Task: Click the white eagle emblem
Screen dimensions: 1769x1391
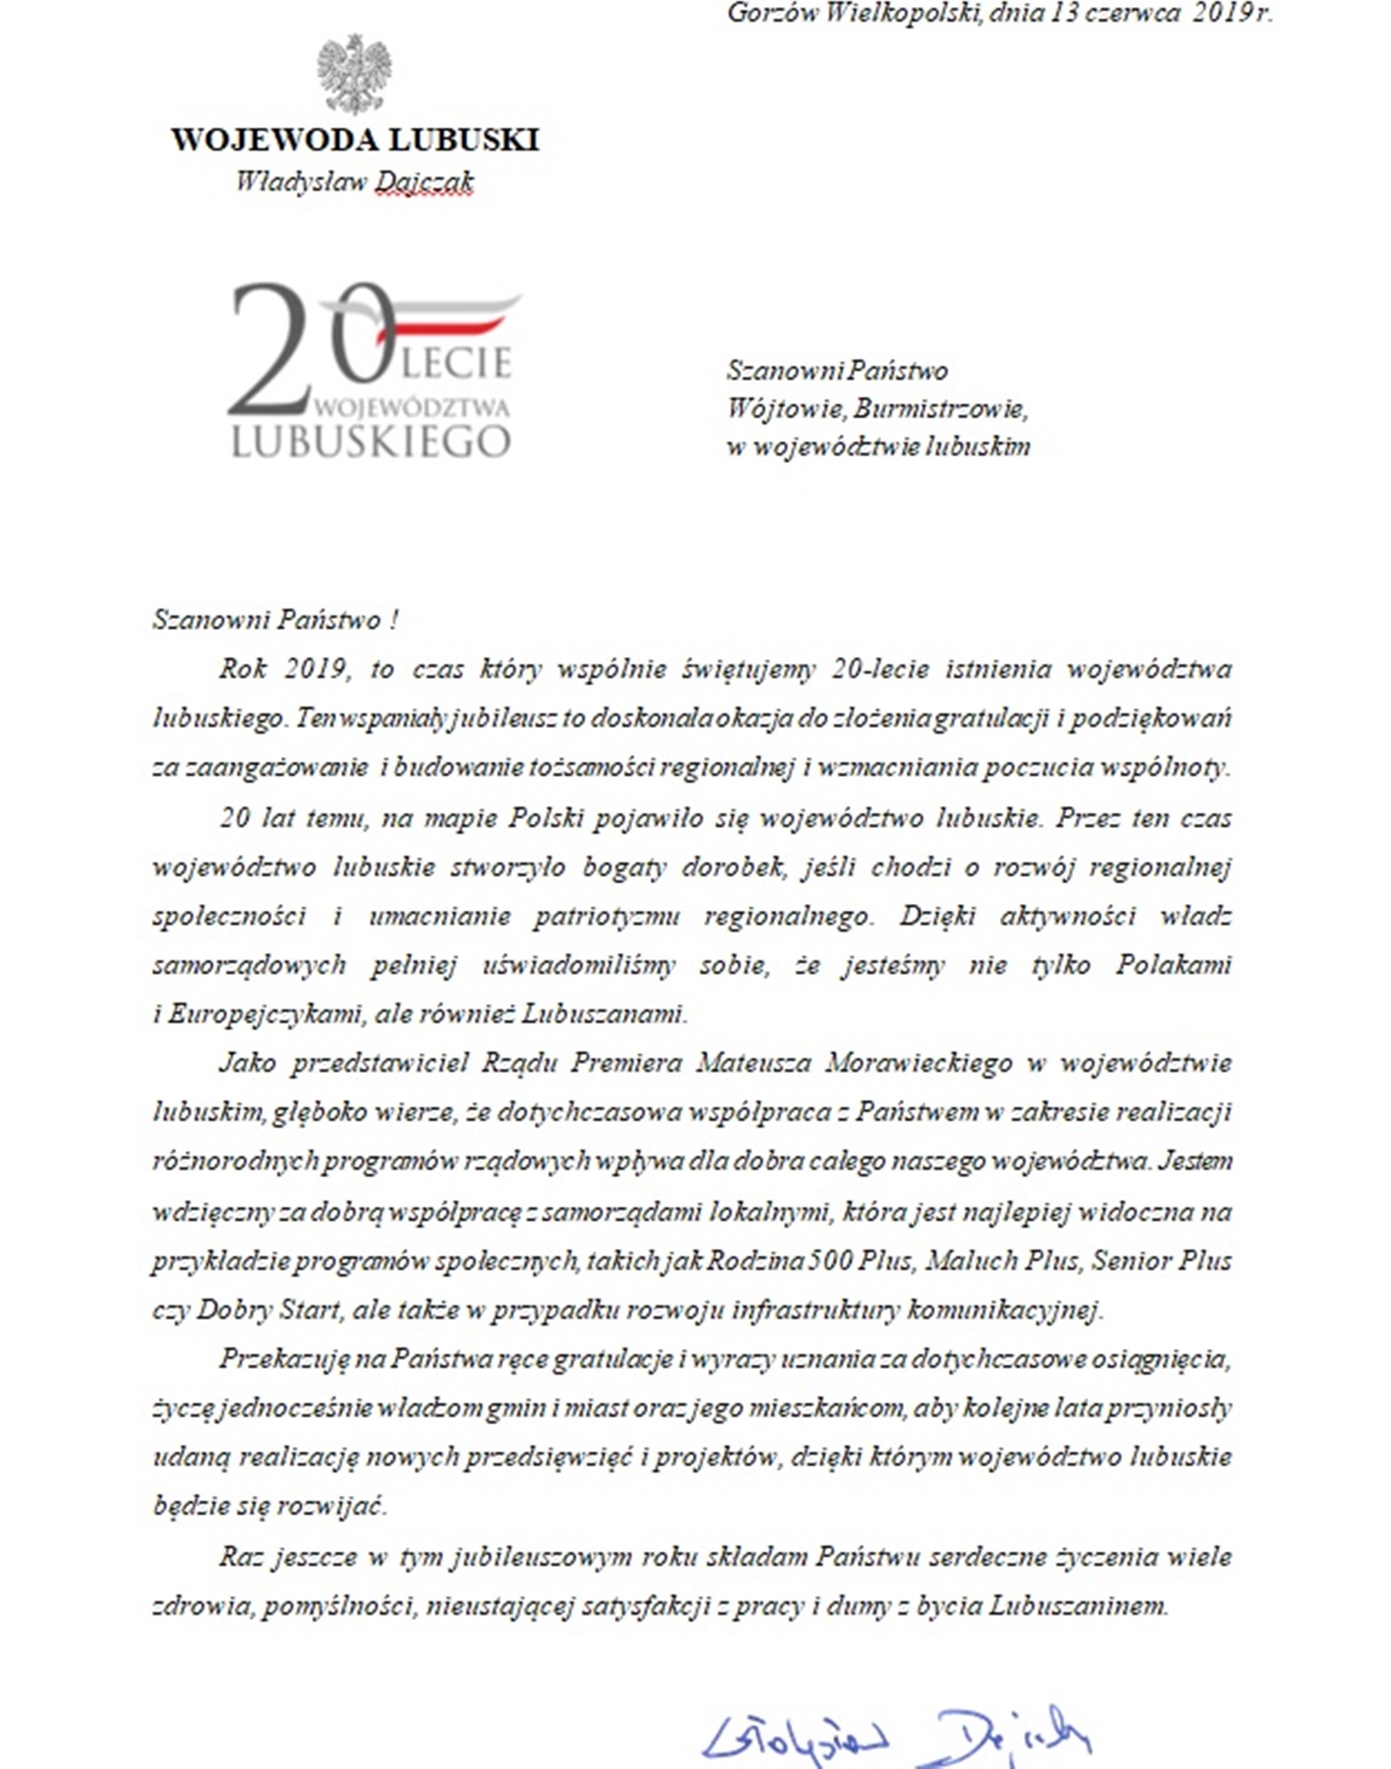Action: point(354,73)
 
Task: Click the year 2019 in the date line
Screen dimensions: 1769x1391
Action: point(1221,14)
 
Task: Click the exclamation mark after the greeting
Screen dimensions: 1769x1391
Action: point(394,620)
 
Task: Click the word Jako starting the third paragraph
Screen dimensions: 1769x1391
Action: point(248,1064)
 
